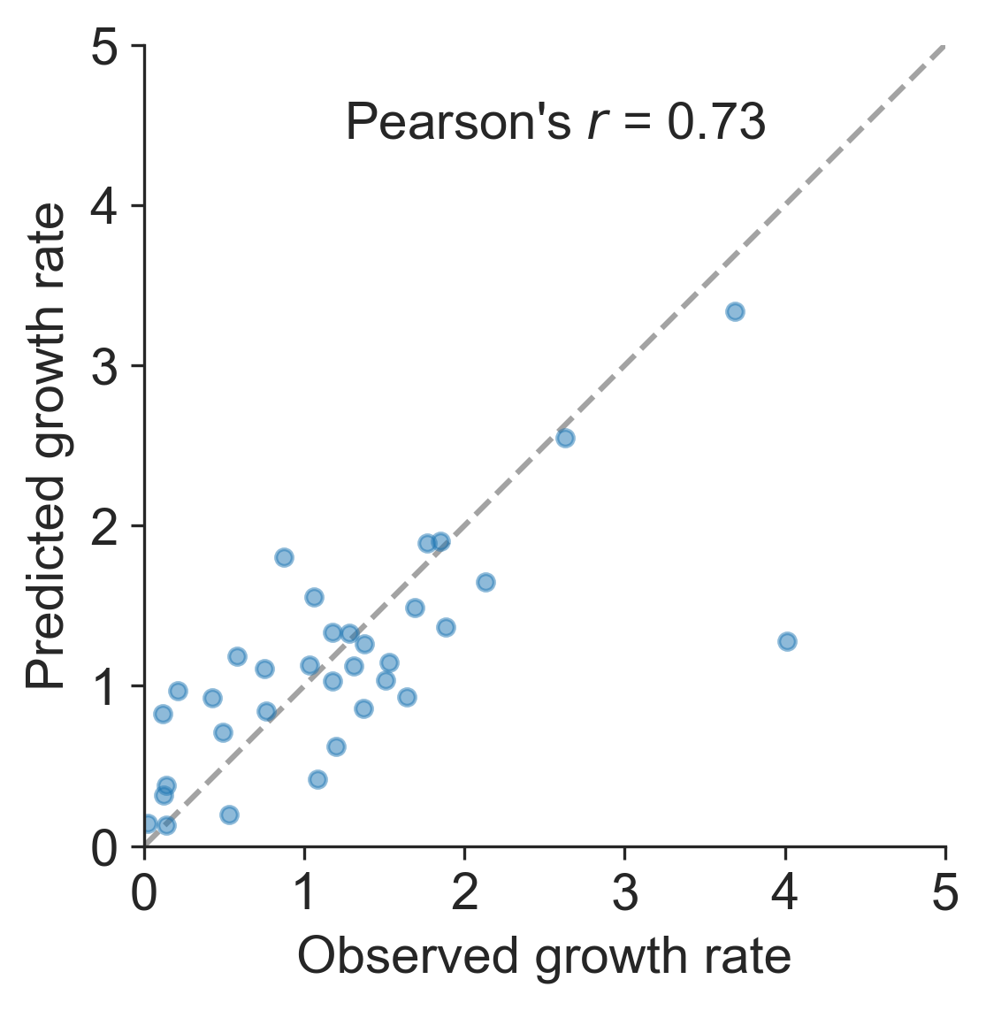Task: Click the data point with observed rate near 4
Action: click(787, 641)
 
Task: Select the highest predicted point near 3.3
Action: click(735, 311)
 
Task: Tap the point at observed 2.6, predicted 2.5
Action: click(565, 438)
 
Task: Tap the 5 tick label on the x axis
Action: click(945, 893)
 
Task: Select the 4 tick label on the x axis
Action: click(785, 893)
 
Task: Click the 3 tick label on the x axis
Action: click(625, 893)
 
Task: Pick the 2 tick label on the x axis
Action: click(465, 893)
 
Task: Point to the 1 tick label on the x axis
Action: click(305, 893)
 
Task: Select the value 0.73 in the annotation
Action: click(715, 123)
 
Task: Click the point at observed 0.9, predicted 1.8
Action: click(284, 557)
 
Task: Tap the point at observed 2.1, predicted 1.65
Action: click(485, 582)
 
